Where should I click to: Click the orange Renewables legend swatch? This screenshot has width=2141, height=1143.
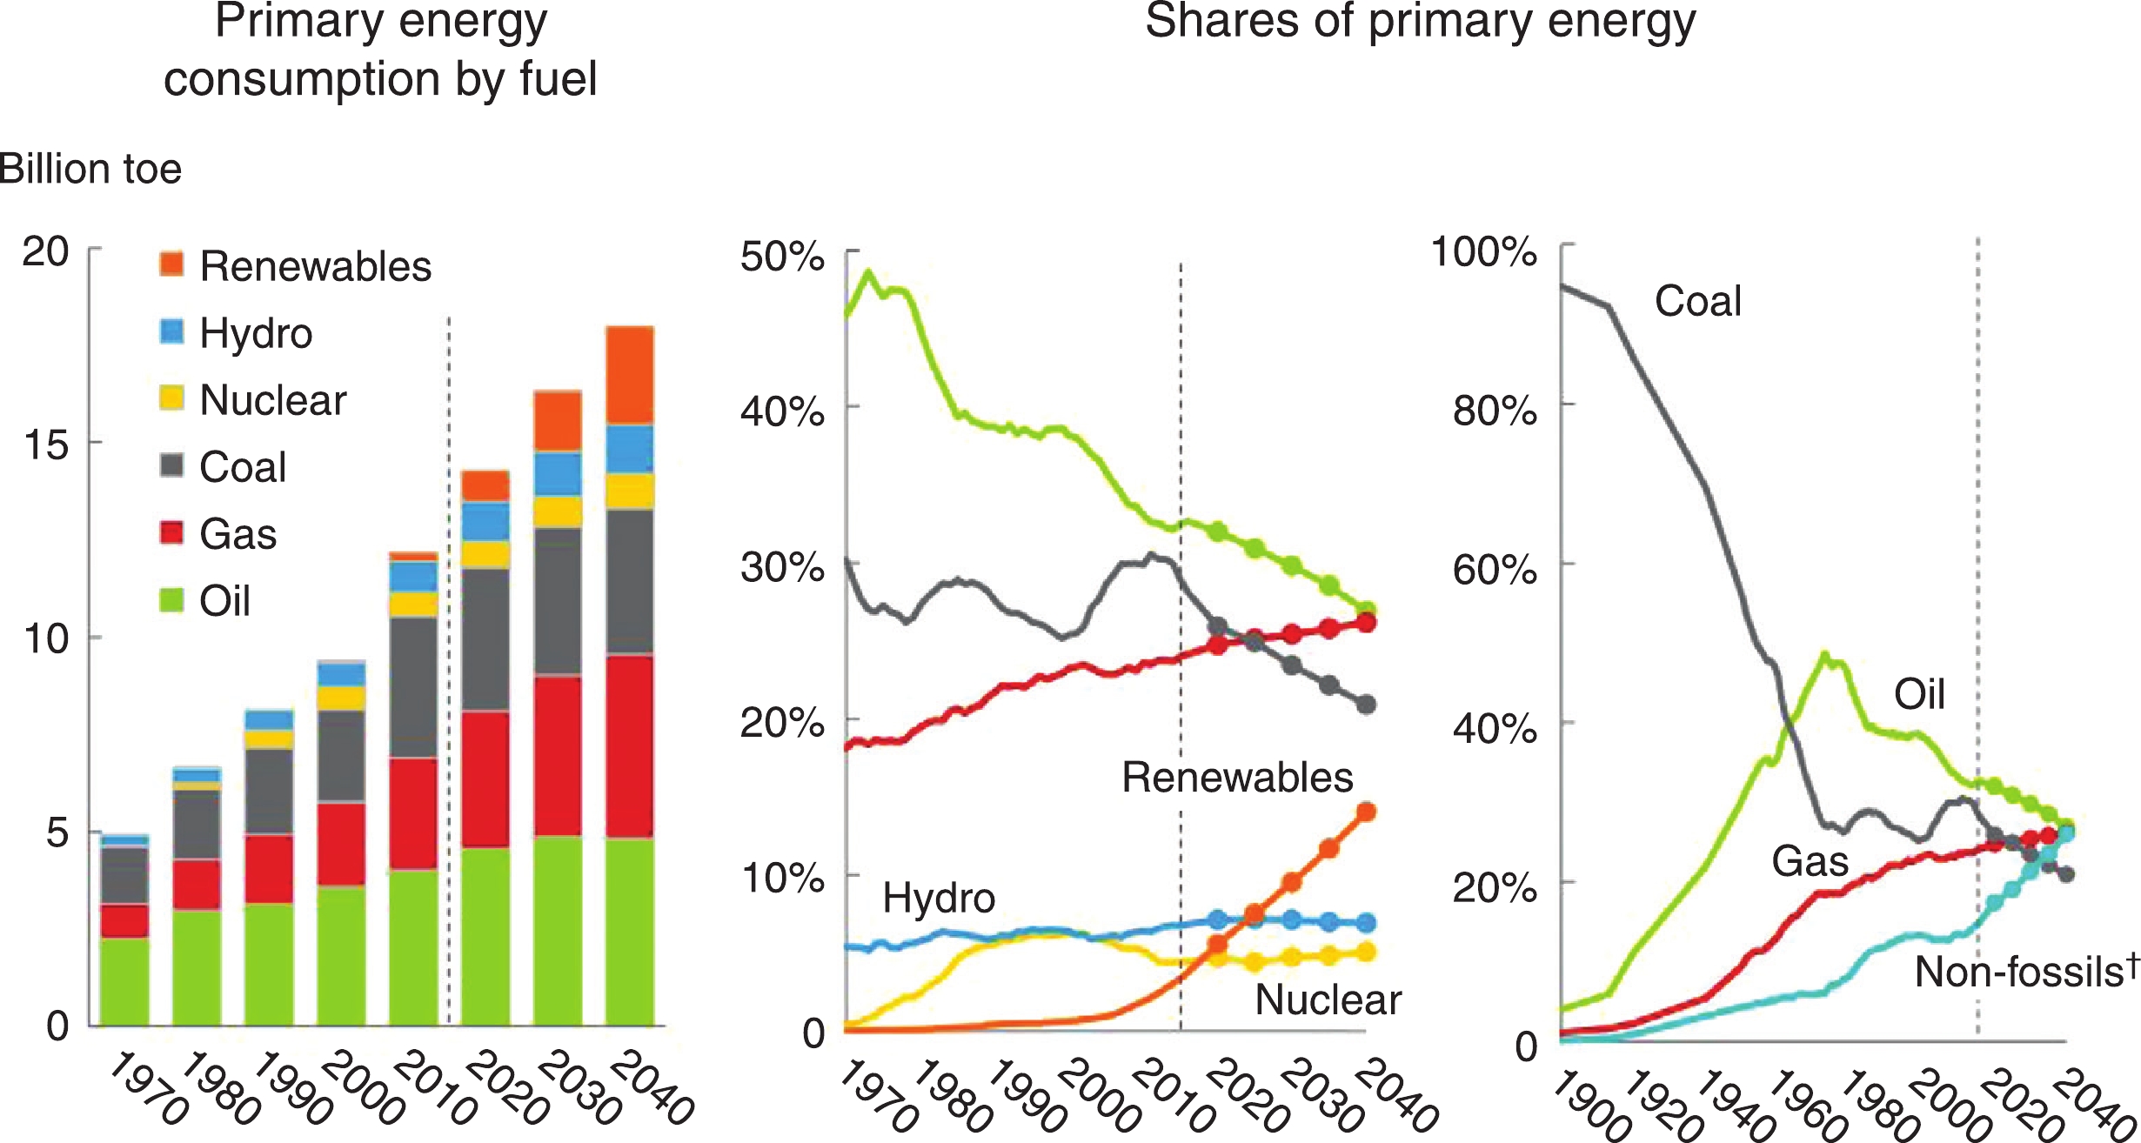pyautogui.click(x=171, y=264)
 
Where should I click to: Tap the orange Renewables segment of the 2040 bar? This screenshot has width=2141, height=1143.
pyautogui.click(x=629, y=376)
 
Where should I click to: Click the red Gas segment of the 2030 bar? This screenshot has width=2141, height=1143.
pyautogui.click(x=557, y=755)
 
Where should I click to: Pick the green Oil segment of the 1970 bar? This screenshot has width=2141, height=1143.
pyautogui.click(x=124, y=981)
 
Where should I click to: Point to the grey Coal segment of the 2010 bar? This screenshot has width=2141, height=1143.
pyautogui.click(x=413, y=687)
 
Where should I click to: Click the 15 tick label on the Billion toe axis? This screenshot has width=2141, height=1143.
pyautogui.click(x=46, y=445)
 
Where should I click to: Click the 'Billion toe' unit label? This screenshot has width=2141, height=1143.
pyautogui.click(x=90, y=169)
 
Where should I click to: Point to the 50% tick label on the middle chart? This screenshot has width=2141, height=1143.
pyautogui.click(x=782, y=257)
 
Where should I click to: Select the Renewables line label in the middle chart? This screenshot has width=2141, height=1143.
pyautogui.click(x=1237, y=778)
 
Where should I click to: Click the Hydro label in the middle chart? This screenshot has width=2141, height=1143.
pyautogui.click(x=939, y=898)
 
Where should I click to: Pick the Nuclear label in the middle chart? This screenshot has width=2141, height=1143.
pyautogui.click(x=1328, y=999)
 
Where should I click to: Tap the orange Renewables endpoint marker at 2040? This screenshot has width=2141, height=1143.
pyautogui.click(x=1366, y=812)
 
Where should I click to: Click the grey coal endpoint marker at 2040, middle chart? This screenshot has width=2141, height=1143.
pyautogui.click(x=1366, y=705)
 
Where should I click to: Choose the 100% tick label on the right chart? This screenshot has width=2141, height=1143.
pyautogui.click(x=1483, y=252)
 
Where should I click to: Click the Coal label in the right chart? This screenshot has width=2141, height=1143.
pyautogui.click(x=1697, y=301)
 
